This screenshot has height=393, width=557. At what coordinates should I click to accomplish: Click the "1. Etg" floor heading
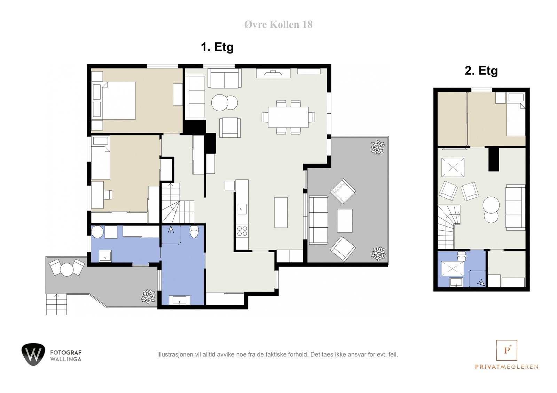click(x=217, y=47)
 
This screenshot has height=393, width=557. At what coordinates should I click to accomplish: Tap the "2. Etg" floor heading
click(x=481, y=71)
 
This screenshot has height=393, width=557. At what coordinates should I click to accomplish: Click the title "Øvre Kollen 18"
click(x=278, y=25)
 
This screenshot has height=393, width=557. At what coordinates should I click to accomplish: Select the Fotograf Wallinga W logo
click(x=33, y=354)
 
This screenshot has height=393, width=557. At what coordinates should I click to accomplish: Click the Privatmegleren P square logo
click(x=507, y=350)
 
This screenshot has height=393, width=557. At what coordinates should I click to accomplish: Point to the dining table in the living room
click(x=288, y=117)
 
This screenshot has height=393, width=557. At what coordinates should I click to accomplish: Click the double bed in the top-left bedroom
click(x=113, y=100)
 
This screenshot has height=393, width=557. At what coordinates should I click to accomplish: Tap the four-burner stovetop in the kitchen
click(x=242, y=231)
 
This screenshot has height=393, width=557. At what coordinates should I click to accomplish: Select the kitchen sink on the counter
click(x=242, y=209)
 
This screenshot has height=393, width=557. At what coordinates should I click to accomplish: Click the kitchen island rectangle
click(x=281, y=213)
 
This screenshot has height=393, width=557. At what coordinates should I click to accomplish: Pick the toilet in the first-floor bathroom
click(x=194, y=231)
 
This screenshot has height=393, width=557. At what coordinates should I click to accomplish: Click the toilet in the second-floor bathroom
click(x=462, y=256)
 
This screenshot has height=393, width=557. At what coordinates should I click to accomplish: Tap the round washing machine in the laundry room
click(x=97, y=232)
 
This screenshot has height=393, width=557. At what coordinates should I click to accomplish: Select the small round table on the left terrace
click(x=66, y=270)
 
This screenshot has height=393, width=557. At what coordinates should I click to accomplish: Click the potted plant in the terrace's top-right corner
click(x=378, y=147)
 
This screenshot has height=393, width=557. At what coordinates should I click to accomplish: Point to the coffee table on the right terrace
click(x=345, y=220)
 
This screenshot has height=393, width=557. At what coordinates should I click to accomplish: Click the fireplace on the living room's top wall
click(x=273, y=73)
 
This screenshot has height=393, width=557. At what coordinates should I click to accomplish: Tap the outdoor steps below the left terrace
click(x=56, y=304)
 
